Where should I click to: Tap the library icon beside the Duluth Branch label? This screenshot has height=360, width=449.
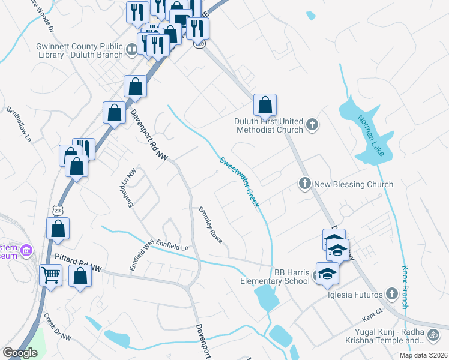click(x=131, y=49)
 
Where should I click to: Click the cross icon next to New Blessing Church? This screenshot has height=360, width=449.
click(x=304, y=184)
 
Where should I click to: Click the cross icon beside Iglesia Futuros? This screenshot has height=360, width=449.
click(x=392, y=293)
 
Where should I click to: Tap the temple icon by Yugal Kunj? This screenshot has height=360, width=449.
click(x=432, y=334)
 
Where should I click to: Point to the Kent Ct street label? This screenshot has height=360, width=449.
click(x=372, y=312)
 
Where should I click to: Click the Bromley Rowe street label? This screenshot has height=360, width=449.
click(x=211, y=224)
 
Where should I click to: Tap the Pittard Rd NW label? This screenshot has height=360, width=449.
click(x=79, y=262)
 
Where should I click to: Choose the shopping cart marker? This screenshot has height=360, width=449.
click(x=51, y=275)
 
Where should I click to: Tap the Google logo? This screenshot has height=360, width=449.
click(x=20, y=353)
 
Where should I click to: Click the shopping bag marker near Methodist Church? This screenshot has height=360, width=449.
click(x=265, y=106)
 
